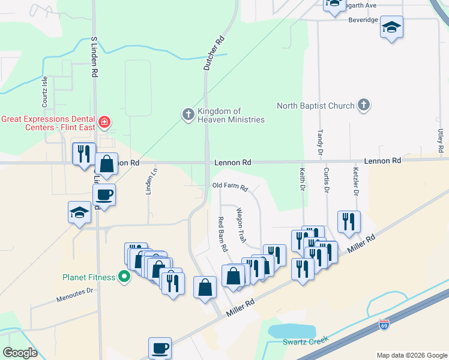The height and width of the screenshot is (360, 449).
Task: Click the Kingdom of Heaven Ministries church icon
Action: [188, 114]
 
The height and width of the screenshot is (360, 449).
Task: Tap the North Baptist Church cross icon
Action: [363, 106]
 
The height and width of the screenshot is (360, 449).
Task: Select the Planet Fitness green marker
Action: [124, 277]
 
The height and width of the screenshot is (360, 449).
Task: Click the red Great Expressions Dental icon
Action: [104, 122]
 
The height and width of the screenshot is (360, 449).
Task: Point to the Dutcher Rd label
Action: [214, 53]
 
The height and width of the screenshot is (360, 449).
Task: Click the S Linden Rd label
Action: [94, 56]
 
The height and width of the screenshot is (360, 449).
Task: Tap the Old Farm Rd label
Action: [230, 187]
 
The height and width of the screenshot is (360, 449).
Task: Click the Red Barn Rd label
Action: [223, 234]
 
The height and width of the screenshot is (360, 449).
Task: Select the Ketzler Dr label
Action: [355, 183]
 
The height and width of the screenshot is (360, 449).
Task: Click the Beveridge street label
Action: [363, 20]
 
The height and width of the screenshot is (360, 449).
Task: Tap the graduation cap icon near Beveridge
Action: [391, 27]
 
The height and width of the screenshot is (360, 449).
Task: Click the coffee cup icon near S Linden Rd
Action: [104, 194]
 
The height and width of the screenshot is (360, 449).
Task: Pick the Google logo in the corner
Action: [20, 352]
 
